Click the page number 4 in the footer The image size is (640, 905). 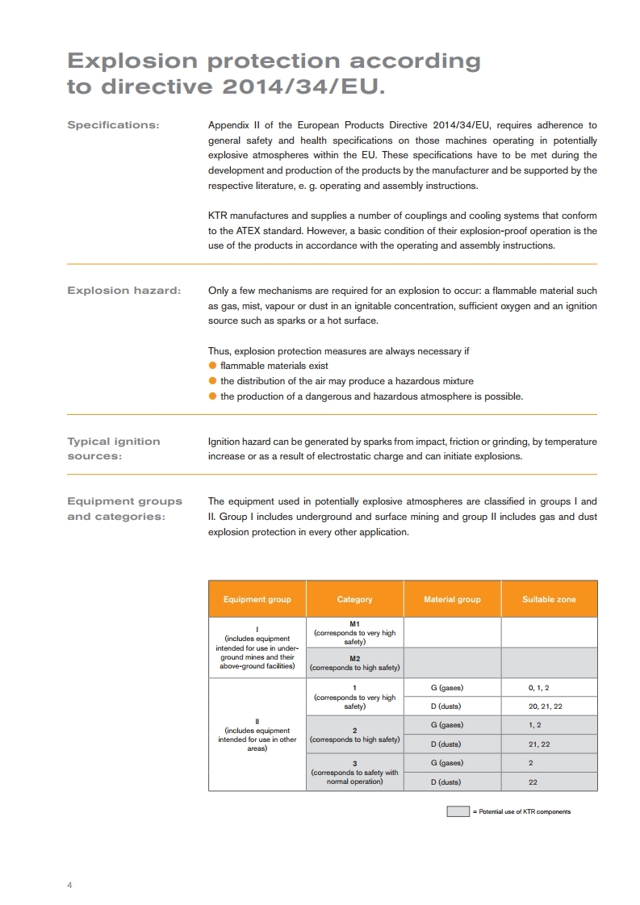click(69, 885)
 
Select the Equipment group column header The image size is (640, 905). click(257, 599)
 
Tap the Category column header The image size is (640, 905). click(354, 599)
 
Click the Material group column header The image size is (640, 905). click(452, 599)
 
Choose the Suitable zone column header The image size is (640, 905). click(549, 599)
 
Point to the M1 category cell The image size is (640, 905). click(354, 632)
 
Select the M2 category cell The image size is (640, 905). click(354, 663)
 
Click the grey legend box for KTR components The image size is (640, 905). click(458, 811)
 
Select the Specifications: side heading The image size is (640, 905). click(113, 125)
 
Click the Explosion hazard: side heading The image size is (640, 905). click(123, 290)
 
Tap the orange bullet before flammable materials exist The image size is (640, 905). click(212, 366)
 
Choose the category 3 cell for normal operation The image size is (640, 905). click(354, 773)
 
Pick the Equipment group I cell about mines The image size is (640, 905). click(257, 647)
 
